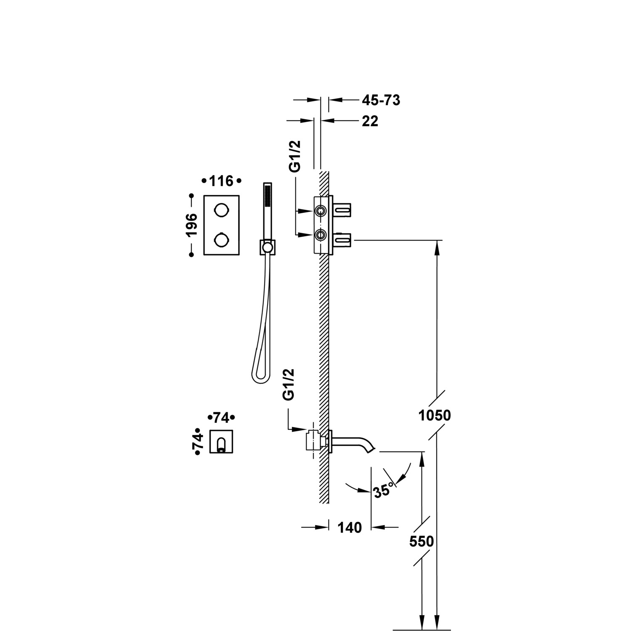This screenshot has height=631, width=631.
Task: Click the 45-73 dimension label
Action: tap(381, 100)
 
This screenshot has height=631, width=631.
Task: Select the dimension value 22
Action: tap(370, 121)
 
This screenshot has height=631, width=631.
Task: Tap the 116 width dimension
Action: tap(221, 181)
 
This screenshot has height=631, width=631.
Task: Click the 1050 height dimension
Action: tap(435, 415)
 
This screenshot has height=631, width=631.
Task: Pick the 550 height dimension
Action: tap(422, 541)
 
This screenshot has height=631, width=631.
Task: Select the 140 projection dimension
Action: tap(350, 527)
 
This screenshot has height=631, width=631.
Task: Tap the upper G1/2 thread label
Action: tap(295, 156)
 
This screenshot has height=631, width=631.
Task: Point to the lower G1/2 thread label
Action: tap(289, 384)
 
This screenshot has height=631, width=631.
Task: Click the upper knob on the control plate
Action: tap(221, 210)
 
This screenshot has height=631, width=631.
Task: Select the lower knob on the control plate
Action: tap(221, 240)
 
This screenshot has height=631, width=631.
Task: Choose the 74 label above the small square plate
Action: tap(221, 418)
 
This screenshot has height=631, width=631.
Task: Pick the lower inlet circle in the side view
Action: tap(321, 235)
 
